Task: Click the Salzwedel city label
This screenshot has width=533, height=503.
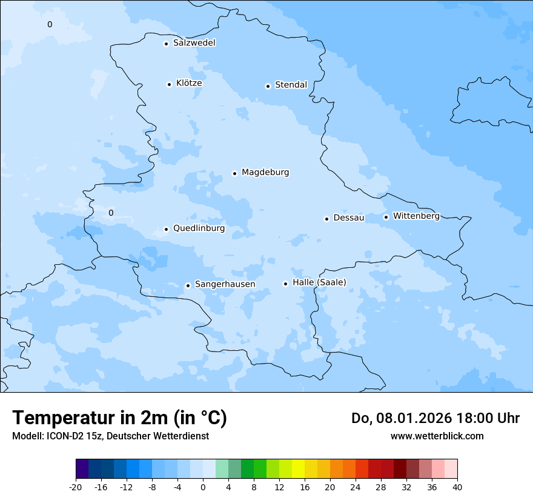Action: (194, 43)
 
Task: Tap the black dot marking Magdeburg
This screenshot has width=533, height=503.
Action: (235, 173)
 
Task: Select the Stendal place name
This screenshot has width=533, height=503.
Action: (291, 85)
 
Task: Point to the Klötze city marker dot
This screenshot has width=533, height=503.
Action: (169, 84)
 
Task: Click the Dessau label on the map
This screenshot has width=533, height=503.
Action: (348, 218)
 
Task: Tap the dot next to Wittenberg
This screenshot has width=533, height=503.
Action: (386, 217)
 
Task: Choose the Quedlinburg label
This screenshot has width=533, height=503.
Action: (199, 228)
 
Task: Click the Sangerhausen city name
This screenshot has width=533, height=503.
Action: (225, 284)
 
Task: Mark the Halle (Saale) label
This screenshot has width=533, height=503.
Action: (319, 282)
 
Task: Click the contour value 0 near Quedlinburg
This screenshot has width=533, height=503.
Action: (111, 213)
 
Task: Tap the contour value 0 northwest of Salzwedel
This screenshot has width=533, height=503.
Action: (50, 24)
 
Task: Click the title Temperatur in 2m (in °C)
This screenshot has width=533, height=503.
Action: (119, 418)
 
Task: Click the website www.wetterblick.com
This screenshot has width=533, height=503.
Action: (437, 436)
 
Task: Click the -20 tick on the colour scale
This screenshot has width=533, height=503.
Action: (76, 487)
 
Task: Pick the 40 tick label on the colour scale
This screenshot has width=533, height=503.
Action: (457, 487)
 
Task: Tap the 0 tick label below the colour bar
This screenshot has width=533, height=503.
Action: (203, 487)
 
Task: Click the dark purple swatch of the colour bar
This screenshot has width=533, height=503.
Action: (82, 469)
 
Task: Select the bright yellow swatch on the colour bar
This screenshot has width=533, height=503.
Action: (298, 469)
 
